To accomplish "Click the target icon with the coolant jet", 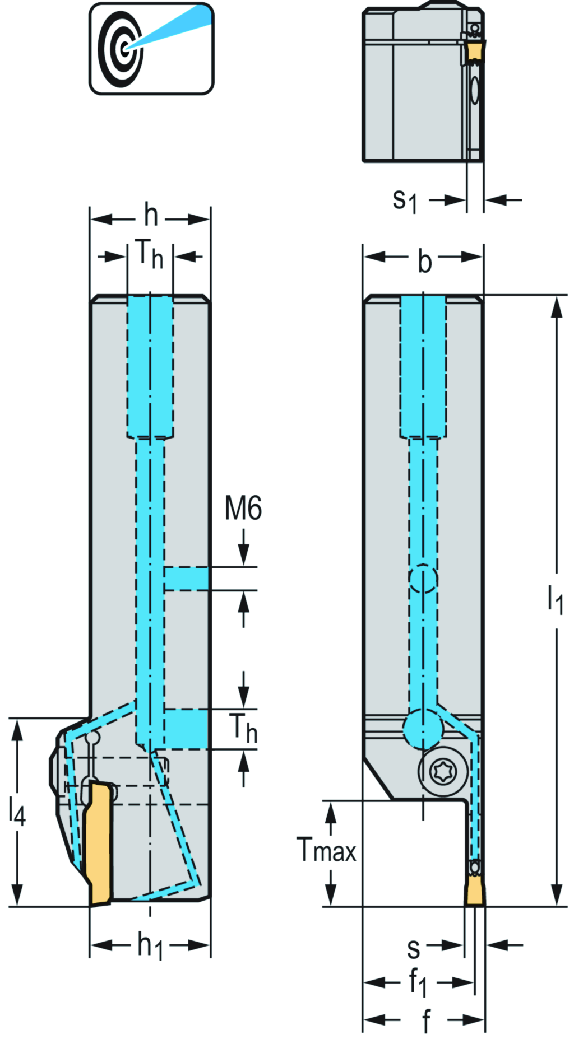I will pyautogui.click(x=151, y=48).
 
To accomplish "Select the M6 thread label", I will pyautogui.click(x=243, y=509).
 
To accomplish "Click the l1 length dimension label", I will pyautogui.click(x=555, y=599).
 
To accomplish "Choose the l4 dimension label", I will pyautogui.click(x=17, y=812).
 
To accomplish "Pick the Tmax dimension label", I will pyautogui.click(x=326, y=850).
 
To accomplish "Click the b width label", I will pyautogui.click(x=425, y=261).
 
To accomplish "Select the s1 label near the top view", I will pyautogui.click(x=405, y=201).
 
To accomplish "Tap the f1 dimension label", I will pyautogui.click(x=418, y=982).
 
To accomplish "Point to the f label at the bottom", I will pyautogui.click(x=426, y=1020).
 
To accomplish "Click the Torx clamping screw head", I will pyautogui.click(x=443, y=772).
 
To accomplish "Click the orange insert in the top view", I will pyautogui.click(x=475, y=51).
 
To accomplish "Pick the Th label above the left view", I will pyautogui.click(x=150, y=253).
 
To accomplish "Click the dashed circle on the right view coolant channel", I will pyautogui.click(x=423, y=579).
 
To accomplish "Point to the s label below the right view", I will pyautogui.click(x=413, y=947).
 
